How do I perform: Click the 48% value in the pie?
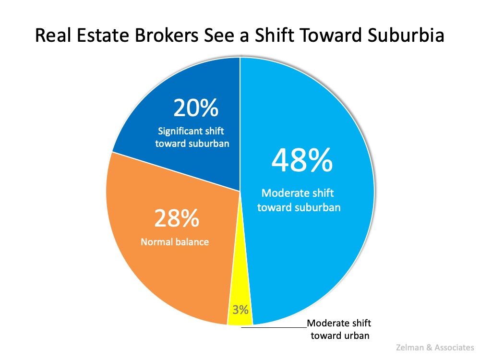(x=302, y=160)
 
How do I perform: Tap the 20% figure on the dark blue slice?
(x=195, y=108)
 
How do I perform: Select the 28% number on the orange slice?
(x=176, y=218)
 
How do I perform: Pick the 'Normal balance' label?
(x=175, y=241)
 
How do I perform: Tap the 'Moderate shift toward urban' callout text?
(x=340, y=329)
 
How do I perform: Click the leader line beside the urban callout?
(x=274, y=327)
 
